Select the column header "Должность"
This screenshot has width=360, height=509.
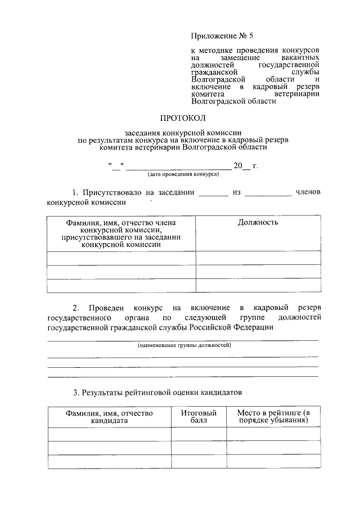(258, 222)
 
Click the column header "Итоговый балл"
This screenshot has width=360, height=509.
(199, 416)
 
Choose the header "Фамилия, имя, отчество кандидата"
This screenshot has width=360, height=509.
(109, 416)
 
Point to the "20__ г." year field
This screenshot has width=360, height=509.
(245, 165)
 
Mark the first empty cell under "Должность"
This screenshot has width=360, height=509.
(258, 258)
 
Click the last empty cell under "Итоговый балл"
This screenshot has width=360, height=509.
(199, 461)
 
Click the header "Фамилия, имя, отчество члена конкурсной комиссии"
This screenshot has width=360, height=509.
(121, 233)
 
